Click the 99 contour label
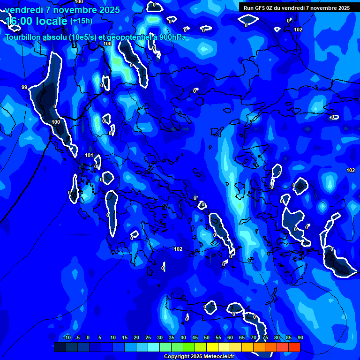(x=24, y=87)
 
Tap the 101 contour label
(x=89, y=155)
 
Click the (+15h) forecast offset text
(x=81, y=21)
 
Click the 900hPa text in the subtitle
(x=172, y=37)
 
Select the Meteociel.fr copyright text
(x=199, y=357)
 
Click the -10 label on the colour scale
(x=67, y=338)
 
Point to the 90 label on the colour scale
(x=300, y=338)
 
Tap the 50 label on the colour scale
(x=206, y=338)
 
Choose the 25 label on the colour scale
(x=148, y=338)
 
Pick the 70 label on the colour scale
(x=253, y=338)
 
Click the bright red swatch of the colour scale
(x=294, y=347)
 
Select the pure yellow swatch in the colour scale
(x=212, y=347)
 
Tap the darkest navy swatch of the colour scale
(x=60, y=347)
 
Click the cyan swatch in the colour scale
(x=153, y=347)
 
